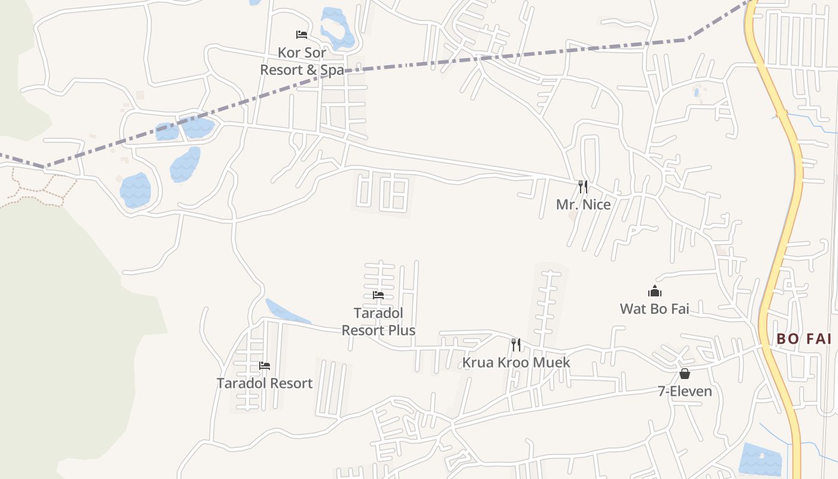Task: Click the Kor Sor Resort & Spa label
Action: coord(302,61)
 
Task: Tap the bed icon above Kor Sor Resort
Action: coord(302,35)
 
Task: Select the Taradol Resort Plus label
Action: coord(378,322)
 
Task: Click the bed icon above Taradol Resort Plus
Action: coord(378,295)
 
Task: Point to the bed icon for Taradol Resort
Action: coord(265,365)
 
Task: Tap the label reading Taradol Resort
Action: coord(265,383)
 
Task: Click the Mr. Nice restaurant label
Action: coord(583,205)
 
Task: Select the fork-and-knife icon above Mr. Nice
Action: coord(583,187)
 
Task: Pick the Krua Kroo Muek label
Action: coord(516,363)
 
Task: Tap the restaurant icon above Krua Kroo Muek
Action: coord(516,345)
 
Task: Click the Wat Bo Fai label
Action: coord(654,309)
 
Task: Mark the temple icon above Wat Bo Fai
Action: coord(655,292)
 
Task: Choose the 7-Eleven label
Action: coord(685,392)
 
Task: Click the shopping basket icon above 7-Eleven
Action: coord(685,374)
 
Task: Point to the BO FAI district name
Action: coord(804,339)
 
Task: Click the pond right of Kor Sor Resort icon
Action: coord(336,27)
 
